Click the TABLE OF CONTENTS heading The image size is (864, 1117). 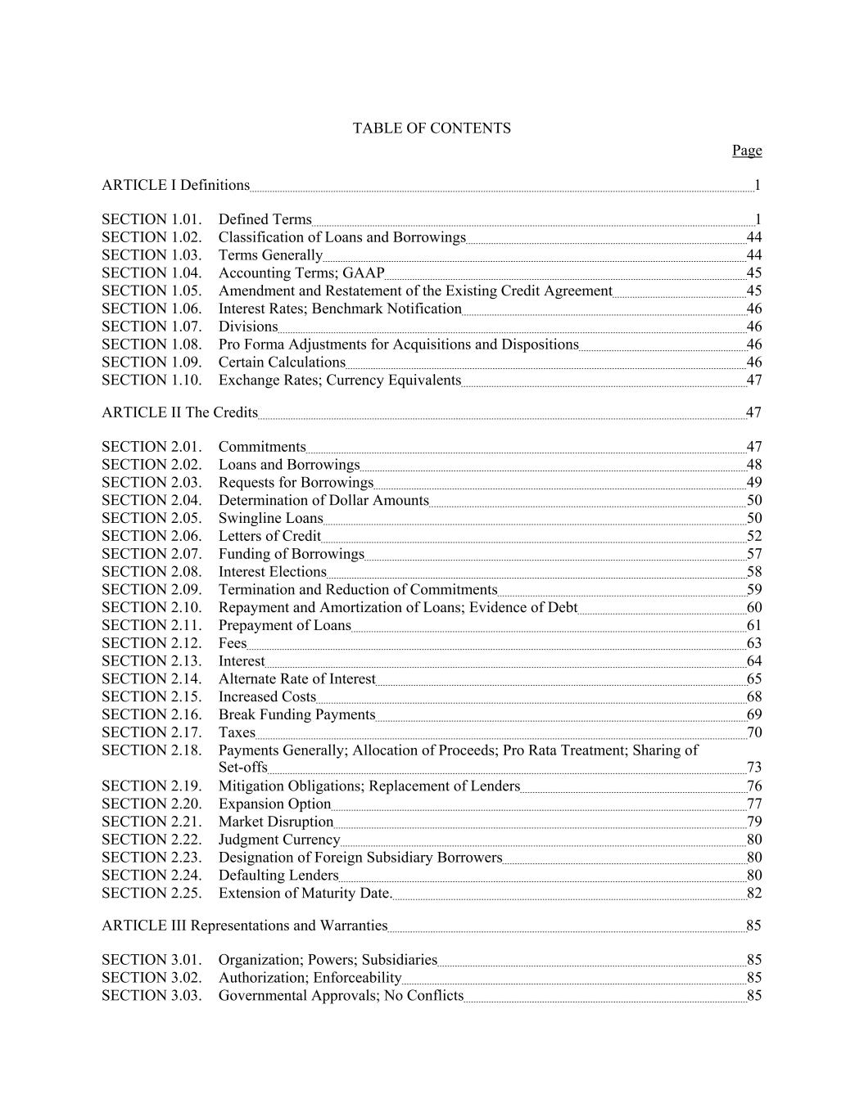click(432, 128)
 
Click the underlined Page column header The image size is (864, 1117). click(747, 151)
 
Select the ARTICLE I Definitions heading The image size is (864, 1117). click(175, 185)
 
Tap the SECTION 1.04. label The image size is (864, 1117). click(152, 273)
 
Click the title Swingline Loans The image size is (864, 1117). click(270, 519)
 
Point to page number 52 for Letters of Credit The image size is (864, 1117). click(754, 537)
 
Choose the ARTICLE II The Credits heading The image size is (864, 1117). click(179, 412)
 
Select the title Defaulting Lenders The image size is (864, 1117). click(278, 876)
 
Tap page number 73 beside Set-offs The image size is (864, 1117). click(754, 768)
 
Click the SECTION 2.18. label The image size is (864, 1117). click(152, 750)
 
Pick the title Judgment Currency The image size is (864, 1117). click(279, 840)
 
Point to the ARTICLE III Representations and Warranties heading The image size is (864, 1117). click(244, 926)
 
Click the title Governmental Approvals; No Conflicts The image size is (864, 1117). click(341, 996)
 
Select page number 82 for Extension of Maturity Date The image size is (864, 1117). click(754, 894)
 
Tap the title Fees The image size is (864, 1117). click(233, 643)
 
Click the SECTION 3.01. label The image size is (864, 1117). click(152, 960)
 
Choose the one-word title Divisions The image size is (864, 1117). click(248, 327)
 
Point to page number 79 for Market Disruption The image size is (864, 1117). click(754, 822)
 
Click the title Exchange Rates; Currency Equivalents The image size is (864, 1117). click(340, 381)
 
